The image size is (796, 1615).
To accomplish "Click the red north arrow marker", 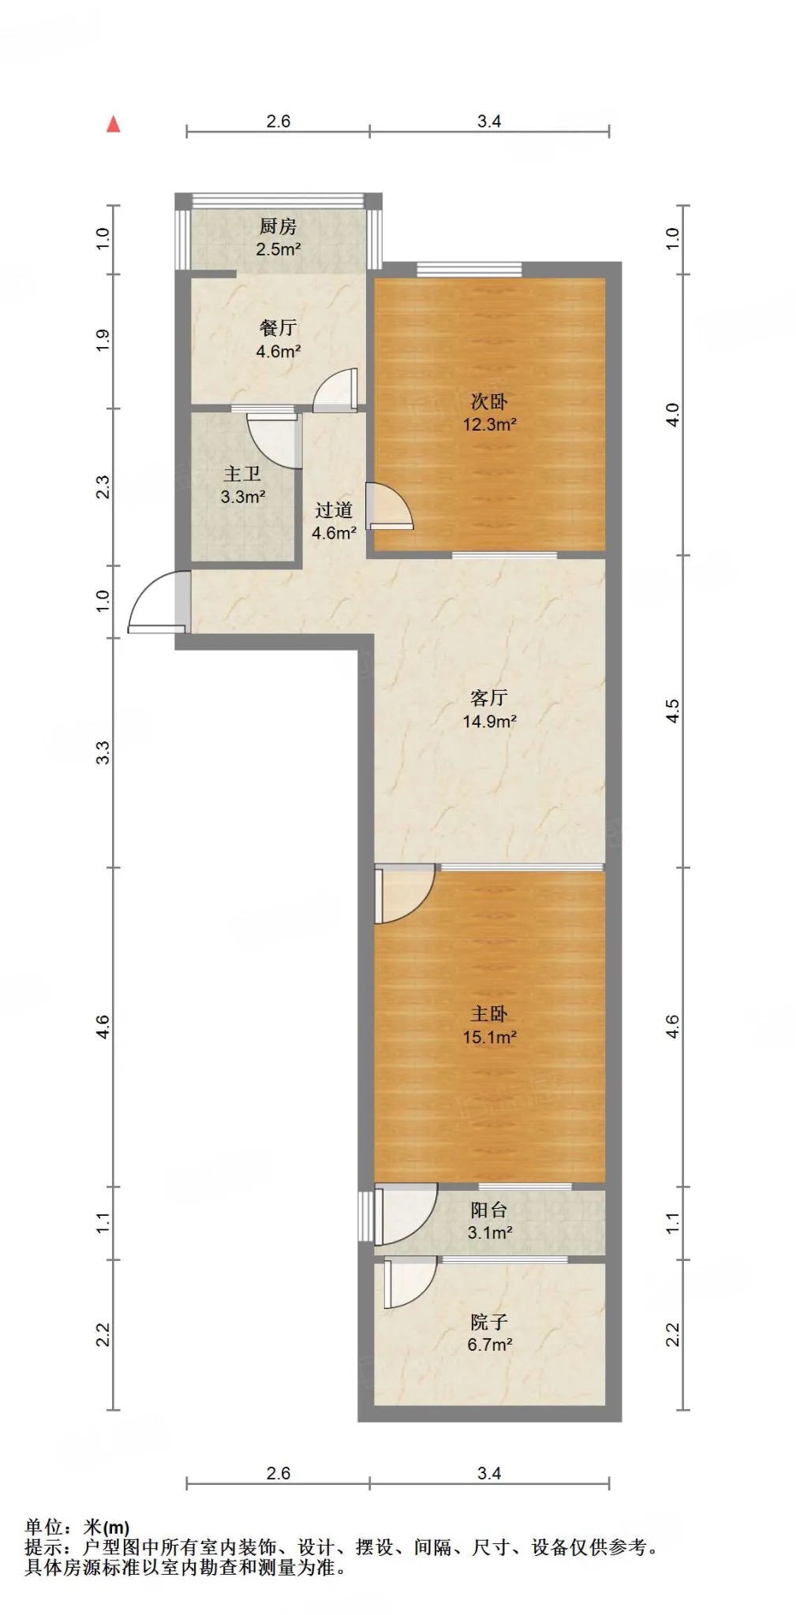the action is (114, 124).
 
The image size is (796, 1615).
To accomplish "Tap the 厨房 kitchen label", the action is (278, 227).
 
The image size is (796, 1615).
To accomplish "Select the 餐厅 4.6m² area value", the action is (278, 352).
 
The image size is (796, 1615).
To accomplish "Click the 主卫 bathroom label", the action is (242, 474).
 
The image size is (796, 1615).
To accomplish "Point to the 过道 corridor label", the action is (334, 510).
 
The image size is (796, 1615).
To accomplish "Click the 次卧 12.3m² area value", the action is (489, 424).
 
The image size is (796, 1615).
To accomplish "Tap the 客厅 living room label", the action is (489, 698).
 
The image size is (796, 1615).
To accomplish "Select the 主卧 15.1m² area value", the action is (489, 1038).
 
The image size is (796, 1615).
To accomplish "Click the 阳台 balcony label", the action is (489, 1210).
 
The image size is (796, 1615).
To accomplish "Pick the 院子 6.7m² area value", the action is (489, 1345).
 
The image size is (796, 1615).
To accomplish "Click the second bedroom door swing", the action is (390, 505).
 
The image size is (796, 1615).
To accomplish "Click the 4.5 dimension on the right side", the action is (672, 711).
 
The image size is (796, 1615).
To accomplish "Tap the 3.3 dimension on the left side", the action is (103, 752).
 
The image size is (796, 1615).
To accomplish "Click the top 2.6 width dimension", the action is (278, 121).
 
